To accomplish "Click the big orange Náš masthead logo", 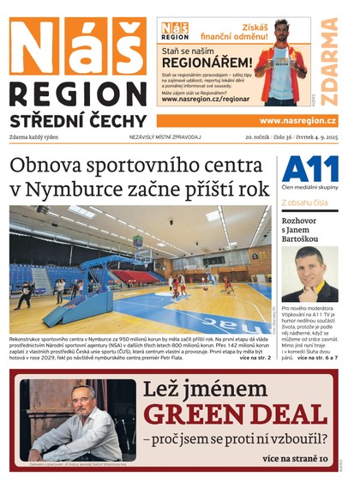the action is (77, 47).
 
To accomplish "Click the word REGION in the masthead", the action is (77, 94).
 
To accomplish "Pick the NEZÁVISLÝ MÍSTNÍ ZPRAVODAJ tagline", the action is (165, 137).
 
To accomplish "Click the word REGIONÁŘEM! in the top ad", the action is (207, 63).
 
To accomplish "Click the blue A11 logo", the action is (310, 168).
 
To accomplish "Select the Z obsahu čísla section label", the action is (304, 203).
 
